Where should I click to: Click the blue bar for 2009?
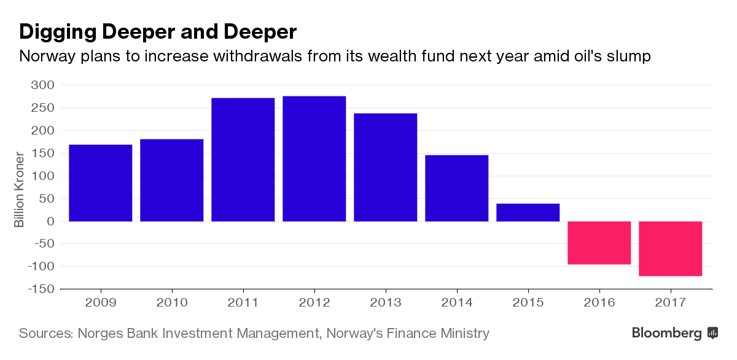101,182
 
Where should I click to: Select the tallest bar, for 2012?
314,158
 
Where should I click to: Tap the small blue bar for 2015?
528,212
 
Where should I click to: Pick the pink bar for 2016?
599,243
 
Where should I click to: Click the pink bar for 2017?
671,248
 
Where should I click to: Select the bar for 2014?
457,188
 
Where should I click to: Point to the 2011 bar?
243,159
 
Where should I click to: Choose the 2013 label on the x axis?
386,303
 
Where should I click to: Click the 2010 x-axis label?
172,303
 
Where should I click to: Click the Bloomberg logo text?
667,334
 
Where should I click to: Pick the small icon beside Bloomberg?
713,333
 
